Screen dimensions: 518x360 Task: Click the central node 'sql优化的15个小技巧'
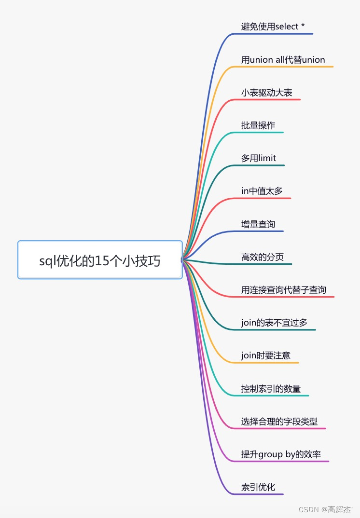pyautogui.click(x=100, y=260)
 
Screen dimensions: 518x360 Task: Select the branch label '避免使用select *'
pyautogui.click(x=273, y=27)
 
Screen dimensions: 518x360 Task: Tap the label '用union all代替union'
pyautogui.click(x=283, y=60)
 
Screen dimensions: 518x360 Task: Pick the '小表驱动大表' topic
pyautogui.click(x=266, y=93)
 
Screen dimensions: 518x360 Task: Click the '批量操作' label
pyautogui.click(x=258, y=125)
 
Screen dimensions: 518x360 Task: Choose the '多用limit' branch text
pyautogui.click(x=259, y=158)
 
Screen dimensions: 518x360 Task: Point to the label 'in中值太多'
pyautogui.click(x=262, y=191)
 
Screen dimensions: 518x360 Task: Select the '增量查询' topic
pyautogui.click(x=258, y=224)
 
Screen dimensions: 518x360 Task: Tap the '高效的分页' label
pyautogui.click(x=263, y=257)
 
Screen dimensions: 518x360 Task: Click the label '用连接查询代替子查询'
pyautogui.click(x=284, y=290)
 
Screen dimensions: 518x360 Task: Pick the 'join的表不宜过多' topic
pyautogui.click(x=274, y=323)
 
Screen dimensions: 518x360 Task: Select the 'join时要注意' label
pyautogui.click(x=266, y=355)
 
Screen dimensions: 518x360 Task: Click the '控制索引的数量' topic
pyautogui.click(x=271, y=388)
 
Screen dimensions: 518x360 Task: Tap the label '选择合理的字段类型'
pyautogui.click(x=279, y=421)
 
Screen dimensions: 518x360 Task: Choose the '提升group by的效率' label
pyautogui.click(x=281, y=454)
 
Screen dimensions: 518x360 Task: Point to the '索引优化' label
pyautogui.click(x=258, y=487)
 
